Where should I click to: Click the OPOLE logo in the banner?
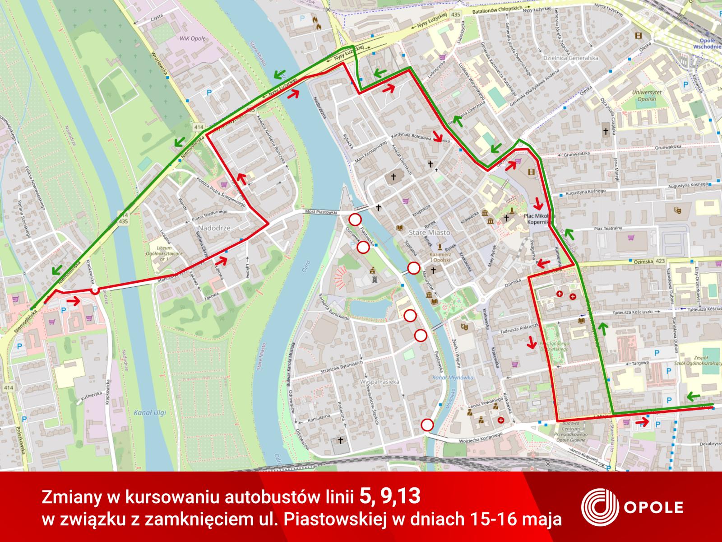point(632,507)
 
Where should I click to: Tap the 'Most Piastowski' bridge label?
point(321,211)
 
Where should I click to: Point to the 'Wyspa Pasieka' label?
point(380,382)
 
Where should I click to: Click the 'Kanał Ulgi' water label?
point(144,412)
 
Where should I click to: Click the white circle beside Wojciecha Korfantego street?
point(427,425)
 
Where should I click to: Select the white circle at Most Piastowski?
point(355,220)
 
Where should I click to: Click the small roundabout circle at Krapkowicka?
point(95,290)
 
